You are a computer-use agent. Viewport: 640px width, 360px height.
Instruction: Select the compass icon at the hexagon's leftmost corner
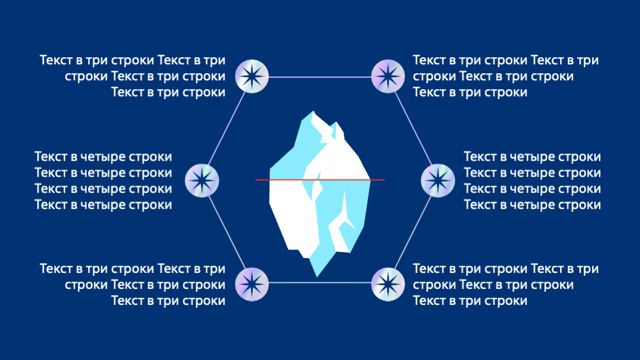(x=202, y=180)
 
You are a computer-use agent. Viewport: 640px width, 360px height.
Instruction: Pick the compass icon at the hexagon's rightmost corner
(x=438, y=180)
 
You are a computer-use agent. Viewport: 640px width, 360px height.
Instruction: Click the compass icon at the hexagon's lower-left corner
(x=252, y=284)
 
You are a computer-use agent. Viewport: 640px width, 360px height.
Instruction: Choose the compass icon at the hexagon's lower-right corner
(x=388, y=284)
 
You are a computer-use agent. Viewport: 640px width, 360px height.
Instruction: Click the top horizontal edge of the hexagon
(x=319, y=77)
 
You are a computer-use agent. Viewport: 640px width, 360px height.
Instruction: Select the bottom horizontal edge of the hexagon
(x=319, y=283)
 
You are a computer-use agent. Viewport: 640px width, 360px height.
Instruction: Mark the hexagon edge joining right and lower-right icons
(x=413, y=232)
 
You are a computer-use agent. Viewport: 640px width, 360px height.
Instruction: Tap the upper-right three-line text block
(x=505, y=76)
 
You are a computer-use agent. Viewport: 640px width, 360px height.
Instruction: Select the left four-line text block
(x=104, y=181)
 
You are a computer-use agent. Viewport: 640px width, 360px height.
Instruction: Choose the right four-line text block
(x=532, y=181)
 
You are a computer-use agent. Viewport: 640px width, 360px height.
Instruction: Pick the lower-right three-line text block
(x=505, y=285)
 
